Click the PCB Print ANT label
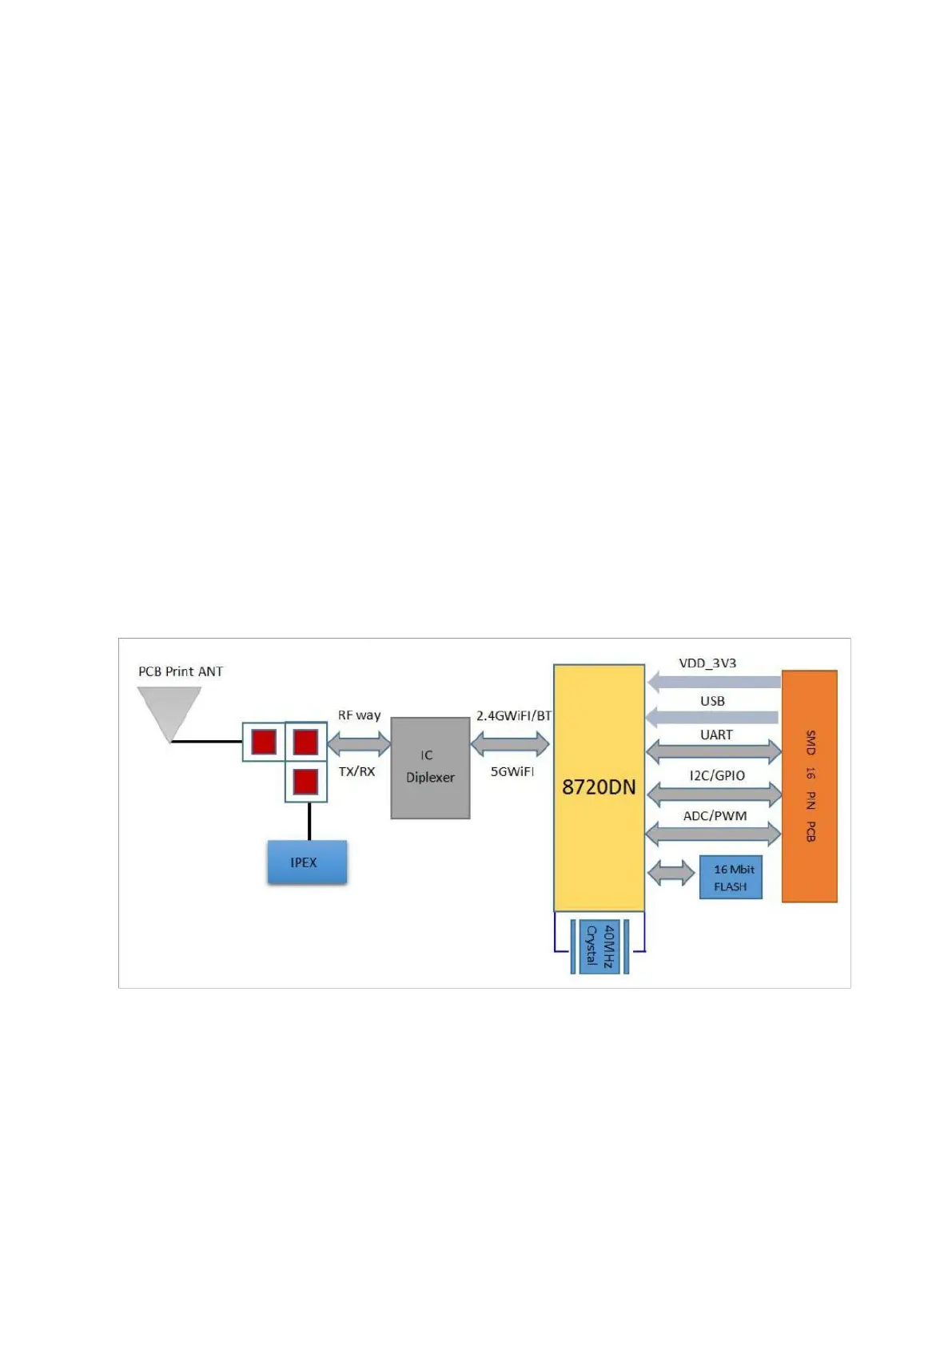tap(181, 671)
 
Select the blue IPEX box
tap(307, 862)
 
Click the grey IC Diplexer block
tap(430, 767)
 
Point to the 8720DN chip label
tap(599, 787)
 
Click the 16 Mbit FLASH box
tap(731, 878)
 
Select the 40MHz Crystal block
tap(599, 946)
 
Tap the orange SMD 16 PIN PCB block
tap(809, 786)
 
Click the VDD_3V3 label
tap(707, 663)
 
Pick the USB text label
tap(712, 701)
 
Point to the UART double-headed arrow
tap(714, 751)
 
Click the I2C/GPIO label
tap(717, 775)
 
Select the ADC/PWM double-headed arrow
tap(713, 834)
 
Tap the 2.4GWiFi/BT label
tap(514, 715)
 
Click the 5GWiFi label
tap(512, 771)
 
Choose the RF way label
tap(359, 715)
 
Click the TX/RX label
tap(357, 771)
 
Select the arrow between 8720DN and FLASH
tap(671, 873)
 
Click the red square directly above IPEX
tap(305, 781)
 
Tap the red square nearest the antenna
tap(264, 742)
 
